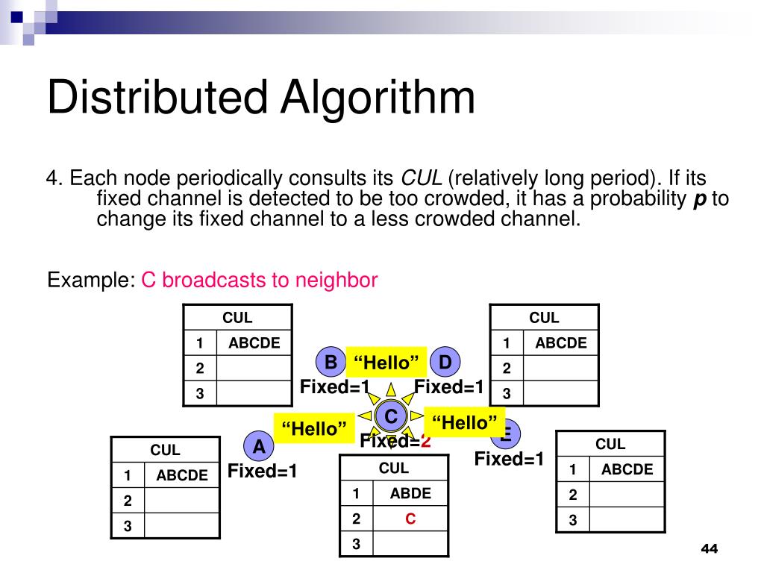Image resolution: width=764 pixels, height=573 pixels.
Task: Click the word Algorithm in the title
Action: [378, 98]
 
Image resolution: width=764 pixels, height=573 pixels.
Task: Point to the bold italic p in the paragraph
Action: [700, 198]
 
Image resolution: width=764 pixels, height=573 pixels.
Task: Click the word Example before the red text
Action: [88, 281]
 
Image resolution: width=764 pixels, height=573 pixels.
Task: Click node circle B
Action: [331, 363]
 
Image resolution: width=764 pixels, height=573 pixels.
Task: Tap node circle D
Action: [445, 363]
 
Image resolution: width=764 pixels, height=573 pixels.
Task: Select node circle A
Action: [259, 447]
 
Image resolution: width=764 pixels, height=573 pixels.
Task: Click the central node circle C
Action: [390, 416]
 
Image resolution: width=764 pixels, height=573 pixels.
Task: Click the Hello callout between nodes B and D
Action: [386, 363]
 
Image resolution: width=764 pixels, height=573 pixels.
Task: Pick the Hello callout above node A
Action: [314, 428]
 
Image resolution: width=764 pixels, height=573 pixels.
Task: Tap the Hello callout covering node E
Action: [464, 423]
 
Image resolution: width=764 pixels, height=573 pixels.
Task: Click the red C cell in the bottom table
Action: [410, 519]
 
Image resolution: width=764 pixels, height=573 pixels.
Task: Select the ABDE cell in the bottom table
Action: [410, 493]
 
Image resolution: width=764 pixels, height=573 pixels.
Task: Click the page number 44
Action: [709, 550]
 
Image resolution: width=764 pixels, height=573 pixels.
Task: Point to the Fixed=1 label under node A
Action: [263, 472]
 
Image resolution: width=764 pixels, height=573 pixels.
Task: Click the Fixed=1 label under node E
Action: [510, 459]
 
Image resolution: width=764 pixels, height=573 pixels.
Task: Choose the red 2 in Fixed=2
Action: [426, 441]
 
